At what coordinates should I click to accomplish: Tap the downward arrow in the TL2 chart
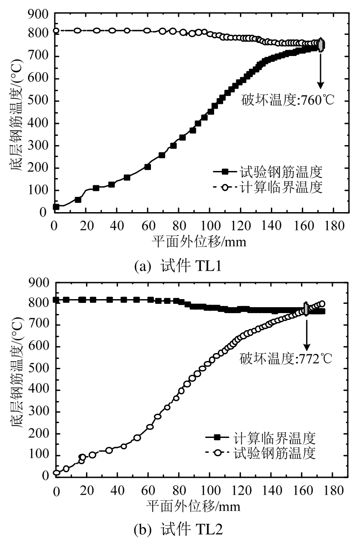click(x=306, y=331)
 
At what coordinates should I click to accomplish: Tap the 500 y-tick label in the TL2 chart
click(x=39, y=368)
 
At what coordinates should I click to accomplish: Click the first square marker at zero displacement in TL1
click(x=56, y=207)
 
